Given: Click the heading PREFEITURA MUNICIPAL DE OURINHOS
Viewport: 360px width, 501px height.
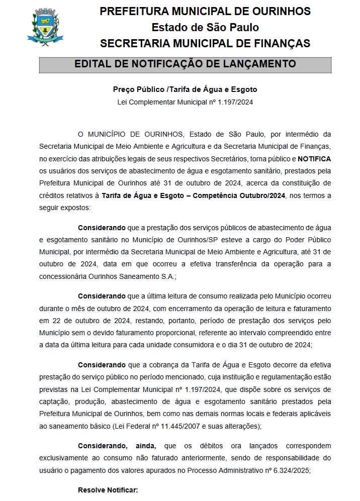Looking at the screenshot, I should click(x=205, y=12).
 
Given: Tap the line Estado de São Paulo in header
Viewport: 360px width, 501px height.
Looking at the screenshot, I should click(x=205, y=27).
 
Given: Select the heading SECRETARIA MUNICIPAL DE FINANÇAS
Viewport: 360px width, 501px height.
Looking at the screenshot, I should click(x=205, y=43).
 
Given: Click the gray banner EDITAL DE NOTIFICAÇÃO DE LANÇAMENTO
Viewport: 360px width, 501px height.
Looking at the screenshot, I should click(x=185, y=64).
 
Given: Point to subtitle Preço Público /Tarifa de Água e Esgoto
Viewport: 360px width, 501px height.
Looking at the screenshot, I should click(x=185, y=89).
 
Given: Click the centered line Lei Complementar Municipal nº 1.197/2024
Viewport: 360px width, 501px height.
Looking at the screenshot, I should click(x=185, y=102).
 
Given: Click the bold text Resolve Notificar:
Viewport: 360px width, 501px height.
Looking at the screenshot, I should click(x=108, y=489).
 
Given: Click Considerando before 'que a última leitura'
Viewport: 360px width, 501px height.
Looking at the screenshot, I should click(x=102, y=296).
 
